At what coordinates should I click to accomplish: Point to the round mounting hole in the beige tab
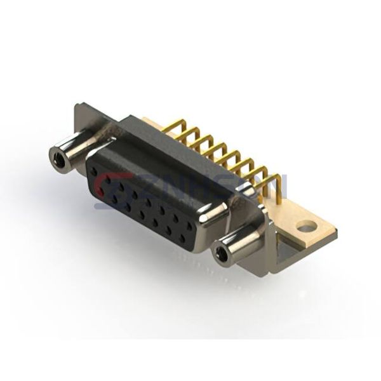(307, 225)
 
